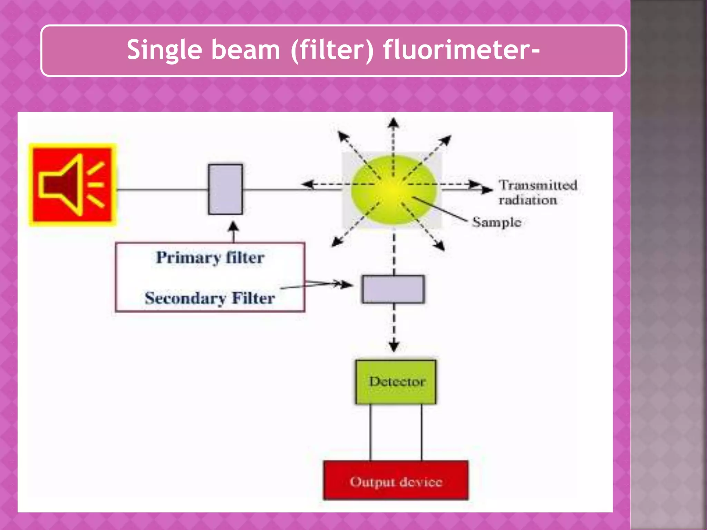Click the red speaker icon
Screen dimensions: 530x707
click(x=73, y=185)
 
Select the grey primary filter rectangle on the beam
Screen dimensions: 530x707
click(x=225, y=189)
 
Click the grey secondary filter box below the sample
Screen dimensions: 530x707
click(x=393, y=289)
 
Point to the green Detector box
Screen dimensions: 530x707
click(x=396, y=382)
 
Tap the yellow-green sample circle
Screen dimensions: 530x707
click(x=393, y=190)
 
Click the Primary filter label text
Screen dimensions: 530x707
click(x=210, y=258)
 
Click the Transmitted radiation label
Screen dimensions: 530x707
click(x=537, y=193)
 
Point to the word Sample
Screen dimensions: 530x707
click(x=496, y=222)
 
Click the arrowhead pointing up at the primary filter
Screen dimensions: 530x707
click(x=234, y=226)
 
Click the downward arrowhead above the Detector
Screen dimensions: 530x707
click(x=394, y=346)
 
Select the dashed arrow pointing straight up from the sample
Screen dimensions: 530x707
click(x=393, y=138)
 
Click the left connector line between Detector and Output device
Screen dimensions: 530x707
click(x=370, y=432)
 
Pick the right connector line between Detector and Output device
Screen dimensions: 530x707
click(x=421, y=432)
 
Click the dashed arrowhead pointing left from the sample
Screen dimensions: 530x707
click(x=306, y=184)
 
